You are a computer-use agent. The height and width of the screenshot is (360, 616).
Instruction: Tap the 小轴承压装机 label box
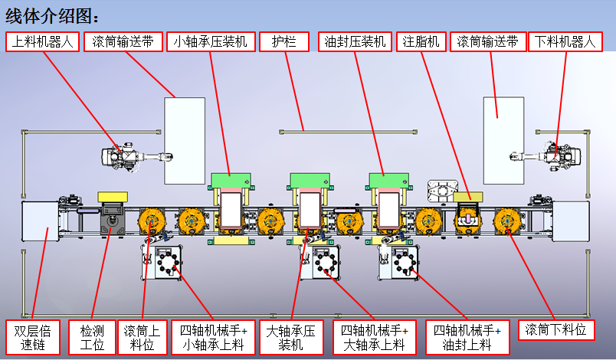pos(211,41)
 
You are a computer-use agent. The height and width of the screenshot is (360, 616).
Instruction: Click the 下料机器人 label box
pos(564,41)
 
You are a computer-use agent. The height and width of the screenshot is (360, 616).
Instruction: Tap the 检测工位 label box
pos(93,338)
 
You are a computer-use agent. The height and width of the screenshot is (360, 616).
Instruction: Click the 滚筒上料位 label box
pos(142,338)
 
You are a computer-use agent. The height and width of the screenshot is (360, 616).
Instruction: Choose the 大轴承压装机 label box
pos(290,338)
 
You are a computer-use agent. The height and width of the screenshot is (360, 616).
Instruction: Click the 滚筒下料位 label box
pos(556,331)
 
